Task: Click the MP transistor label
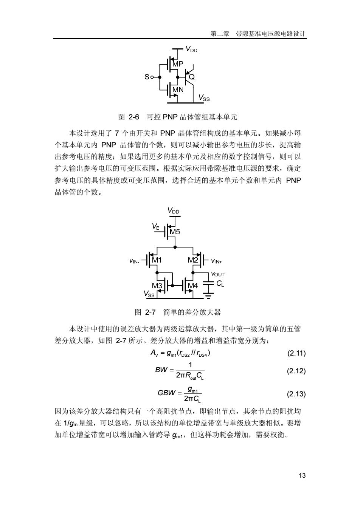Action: click(x=178, y=64)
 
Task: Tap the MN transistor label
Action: click(x=178, y=90)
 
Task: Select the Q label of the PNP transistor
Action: click(x=192, y=77)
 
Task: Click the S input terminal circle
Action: click(x=152, y=77)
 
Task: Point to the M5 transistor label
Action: click(x=175, y=232)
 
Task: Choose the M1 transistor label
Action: click(x=157, y=260)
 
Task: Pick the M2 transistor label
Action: click(x=193, y=260)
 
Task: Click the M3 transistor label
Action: click(x=157, y=286)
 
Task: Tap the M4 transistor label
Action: click(x=193, y=286)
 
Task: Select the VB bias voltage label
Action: click(x=156, y=227)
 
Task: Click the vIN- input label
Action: click(x=134, y=261)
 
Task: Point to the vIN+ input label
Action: click(x=216, y=261)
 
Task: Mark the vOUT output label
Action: click(x=218, y=274)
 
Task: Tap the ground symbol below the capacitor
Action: click(x=208, y=295)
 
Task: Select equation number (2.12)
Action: click(x=296, y=371)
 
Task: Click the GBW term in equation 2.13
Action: click(x=166, y=393)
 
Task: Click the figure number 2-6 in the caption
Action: click(x=134, y=117)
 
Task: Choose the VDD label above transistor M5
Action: click(x=173, y=210)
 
